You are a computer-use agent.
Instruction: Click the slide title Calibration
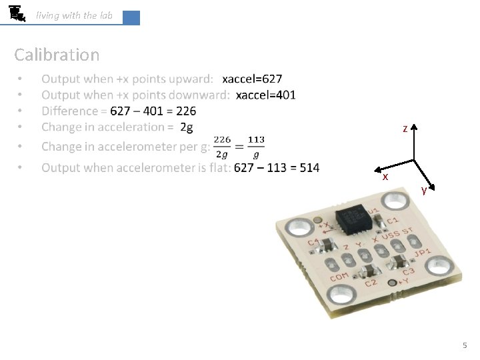pyautogui.click(x=57, y=55)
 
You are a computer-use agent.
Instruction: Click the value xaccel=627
pyautogui.click(x=257, y=79)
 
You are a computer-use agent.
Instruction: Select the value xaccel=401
pyautogui.click(x=266, y=95)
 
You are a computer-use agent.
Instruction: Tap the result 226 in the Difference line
pyautogui.click(x=186, y=111)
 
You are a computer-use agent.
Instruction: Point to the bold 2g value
pyautogui.click(x=187, y=127)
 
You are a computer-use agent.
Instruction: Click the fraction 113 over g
pyautogui.click(x=256, y=147)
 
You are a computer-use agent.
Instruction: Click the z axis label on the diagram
pyautogui.click(x=405, y=128)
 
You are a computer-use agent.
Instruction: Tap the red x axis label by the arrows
pyautogui.click(x=385, y=177)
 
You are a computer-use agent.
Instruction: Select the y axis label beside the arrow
pyautogui.click(x=425, y=191)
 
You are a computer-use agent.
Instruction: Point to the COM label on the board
pyautogui.click(x=339, y=275)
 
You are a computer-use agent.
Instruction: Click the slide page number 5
pyautogui.click(x=465, y=345)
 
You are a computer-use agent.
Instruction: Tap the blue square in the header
pyautogui.click(x=131, y=18)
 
